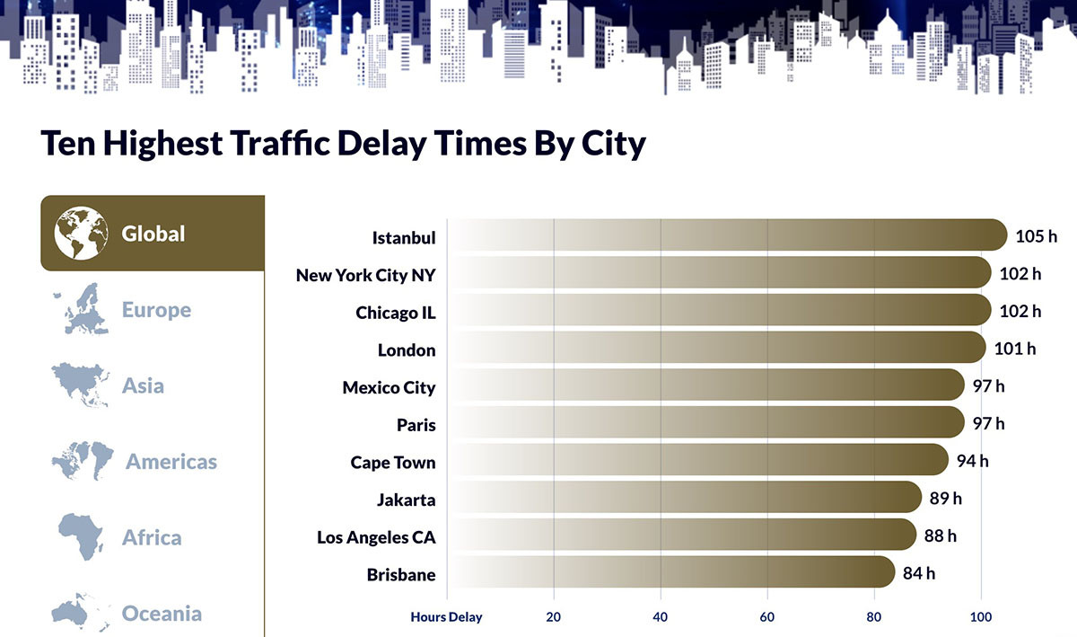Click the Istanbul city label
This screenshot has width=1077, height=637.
click(x=404, y=238)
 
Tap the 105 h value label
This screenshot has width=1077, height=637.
click(x=1037, y=236)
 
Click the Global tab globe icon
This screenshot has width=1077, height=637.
click(x=81, y=234)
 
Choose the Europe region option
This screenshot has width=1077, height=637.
click(x=156, y=310)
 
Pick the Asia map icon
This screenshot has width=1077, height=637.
click(x=82, y=385)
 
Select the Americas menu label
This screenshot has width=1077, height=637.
click(x=171, y=462)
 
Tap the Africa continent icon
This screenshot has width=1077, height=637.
click(x=82, y=537)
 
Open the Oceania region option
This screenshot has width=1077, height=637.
click(x=162, y=614)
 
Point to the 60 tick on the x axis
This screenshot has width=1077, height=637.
click(x=767, y=617)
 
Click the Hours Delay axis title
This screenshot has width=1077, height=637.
click(x=446, y=617)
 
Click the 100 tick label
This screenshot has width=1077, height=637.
click(x=981, y=617)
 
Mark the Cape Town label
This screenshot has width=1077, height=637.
click(x=393, y=463)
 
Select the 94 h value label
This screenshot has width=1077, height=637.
click(x=972, y=461)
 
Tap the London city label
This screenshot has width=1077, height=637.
click(x=407, y=350)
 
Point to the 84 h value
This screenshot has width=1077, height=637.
click(x=919, y=573)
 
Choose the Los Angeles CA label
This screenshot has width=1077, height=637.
click(x=376, y=537)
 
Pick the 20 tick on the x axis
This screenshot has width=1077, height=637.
click(x=554, y=617)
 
